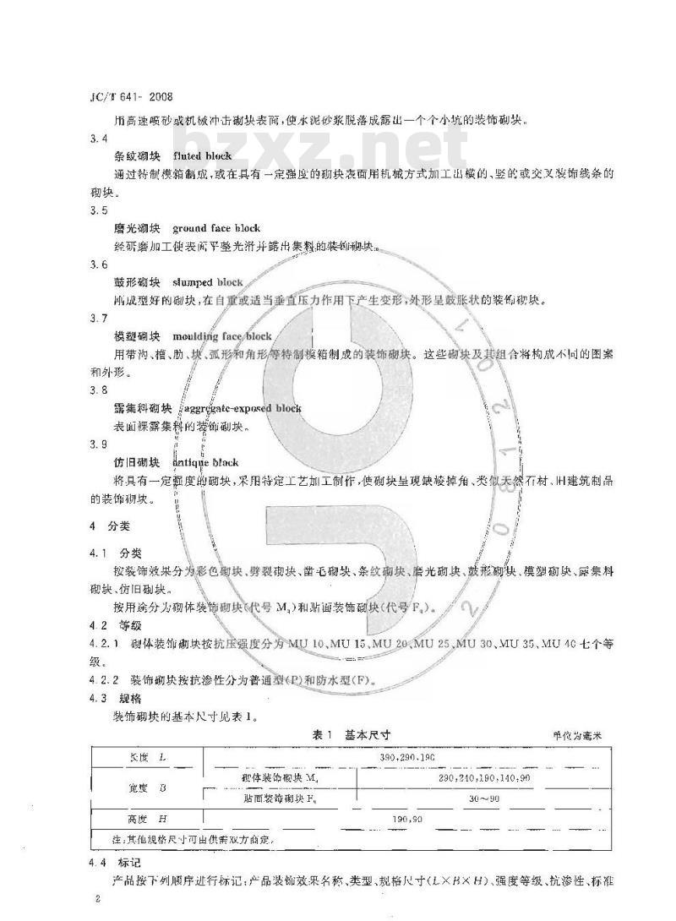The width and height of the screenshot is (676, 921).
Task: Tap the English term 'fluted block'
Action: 202,156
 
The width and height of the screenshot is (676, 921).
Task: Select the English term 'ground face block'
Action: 216,228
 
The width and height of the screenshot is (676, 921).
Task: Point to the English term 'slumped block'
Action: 207,282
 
